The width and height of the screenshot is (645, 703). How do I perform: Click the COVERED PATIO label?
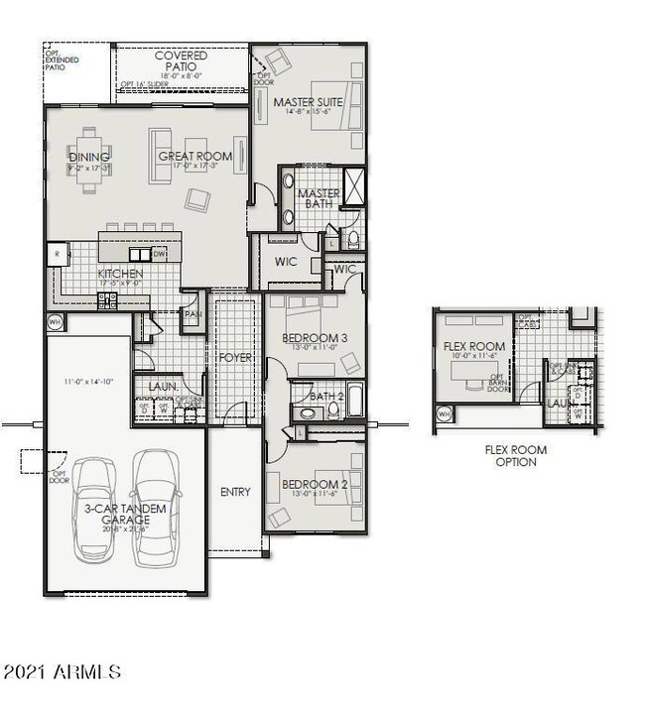pos(181,61)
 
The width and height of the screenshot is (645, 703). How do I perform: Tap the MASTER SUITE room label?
pos(308,102)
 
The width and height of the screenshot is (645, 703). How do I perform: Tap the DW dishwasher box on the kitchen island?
pos(159,254)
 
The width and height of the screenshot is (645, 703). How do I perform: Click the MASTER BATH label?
pos(319,199)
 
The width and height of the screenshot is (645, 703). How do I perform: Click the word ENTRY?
pos(235,492)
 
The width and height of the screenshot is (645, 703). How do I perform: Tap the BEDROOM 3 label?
pos(314,338)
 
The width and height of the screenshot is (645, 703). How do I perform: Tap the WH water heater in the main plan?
pos(55,321)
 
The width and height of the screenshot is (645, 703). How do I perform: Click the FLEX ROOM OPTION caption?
pos(515,456)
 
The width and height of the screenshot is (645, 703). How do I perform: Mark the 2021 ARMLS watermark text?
pos(62,672)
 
